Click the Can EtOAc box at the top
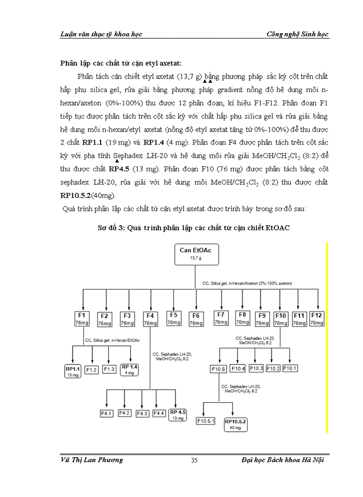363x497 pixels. (x=192, y=254)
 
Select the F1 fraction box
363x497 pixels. (x=81, y=319)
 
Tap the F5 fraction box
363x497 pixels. (x=174, y=318)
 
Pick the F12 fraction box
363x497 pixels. (x=316, y=319)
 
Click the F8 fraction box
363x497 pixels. (x=242, y=318)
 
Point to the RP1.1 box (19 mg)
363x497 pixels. (x=72, y=371)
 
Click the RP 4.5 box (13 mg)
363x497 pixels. (x=178, y=414)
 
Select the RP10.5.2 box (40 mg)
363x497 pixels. (x=236, y=425)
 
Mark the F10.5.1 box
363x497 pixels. (x=206, y=421)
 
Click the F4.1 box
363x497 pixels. (x=107, y=413)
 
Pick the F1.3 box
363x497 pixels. (x=109, y=370)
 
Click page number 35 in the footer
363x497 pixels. (x=194, y=460)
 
